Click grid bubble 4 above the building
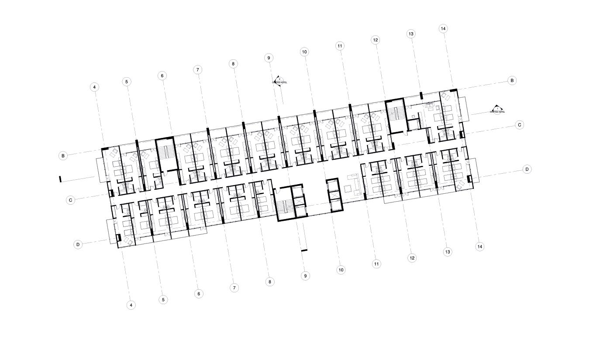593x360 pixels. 94,87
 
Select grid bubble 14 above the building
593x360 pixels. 443,29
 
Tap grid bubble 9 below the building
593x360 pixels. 305,276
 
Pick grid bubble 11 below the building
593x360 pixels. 376,264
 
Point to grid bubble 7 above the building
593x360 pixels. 198,69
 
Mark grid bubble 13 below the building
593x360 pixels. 447,252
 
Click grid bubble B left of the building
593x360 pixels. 63,155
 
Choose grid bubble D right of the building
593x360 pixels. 527,169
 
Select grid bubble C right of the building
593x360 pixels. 520,125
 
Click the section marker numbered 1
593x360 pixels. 497,109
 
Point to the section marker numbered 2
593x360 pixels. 279,79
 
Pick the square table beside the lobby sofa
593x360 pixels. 348,189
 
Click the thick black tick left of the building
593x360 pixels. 61,179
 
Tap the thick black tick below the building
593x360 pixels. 304,250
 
